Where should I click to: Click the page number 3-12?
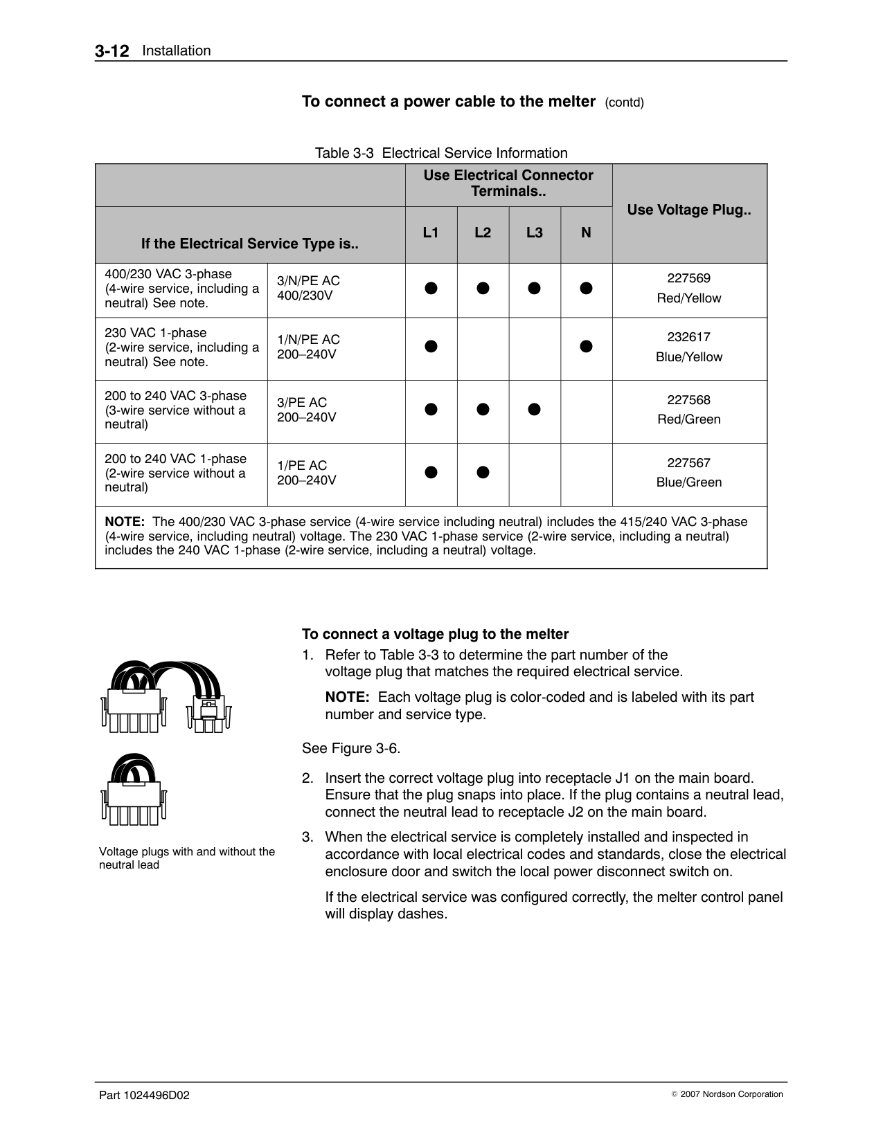click(112, 51)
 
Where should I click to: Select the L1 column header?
click(431, 233)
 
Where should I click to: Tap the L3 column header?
click(534, 233)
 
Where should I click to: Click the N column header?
click(586, 233)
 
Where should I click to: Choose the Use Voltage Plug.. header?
click(688, 210)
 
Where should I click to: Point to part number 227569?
click(688, 278)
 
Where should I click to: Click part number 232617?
click(688, 337)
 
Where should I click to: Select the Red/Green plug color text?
click(688, 419)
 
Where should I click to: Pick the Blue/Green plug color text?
click(688, 482)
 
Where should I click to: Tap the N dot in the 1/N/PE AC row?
click(586, 346)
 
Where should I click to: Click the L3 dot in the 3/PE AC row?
click(534, 409)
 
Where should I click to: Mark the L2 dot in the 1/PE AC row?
click(483, 472)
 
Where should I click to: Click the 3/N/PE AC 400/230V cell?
click(308, 288)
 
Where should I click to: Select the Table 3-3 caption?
click(441, 153)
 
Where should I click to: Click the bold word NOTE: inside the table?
click(125, 522)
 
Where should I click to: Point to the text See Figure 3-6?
click(351, 748)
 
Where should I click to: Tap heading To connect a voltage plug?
click(435, 634)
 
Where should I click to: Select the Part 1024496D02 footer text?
click(144, 1095)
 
